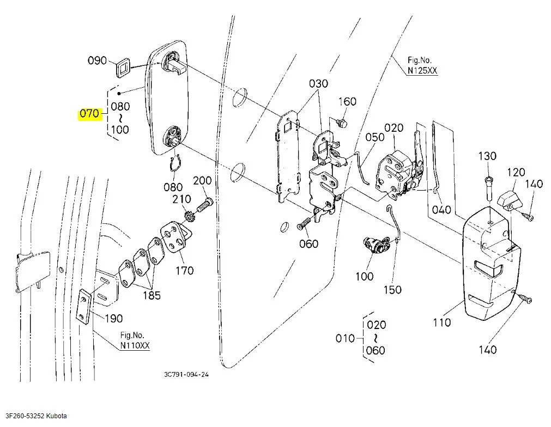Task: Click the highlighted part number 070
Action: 89,114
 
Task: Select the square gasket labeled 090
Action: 123,68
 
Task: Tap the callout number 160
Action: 347,101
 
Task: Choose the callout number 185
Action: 152,295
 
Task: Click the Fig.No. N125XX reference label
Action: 422,65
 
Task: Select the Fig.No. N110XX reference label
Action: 135,340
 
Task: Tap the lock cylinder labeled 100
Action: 376,244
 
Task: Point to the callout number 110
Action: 441,322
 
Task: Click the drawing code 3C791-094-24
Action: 186,374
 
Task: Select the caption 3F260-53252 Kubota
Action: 36,416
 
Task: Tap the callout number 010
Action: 345,339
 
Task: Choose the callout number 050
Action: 375,137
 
